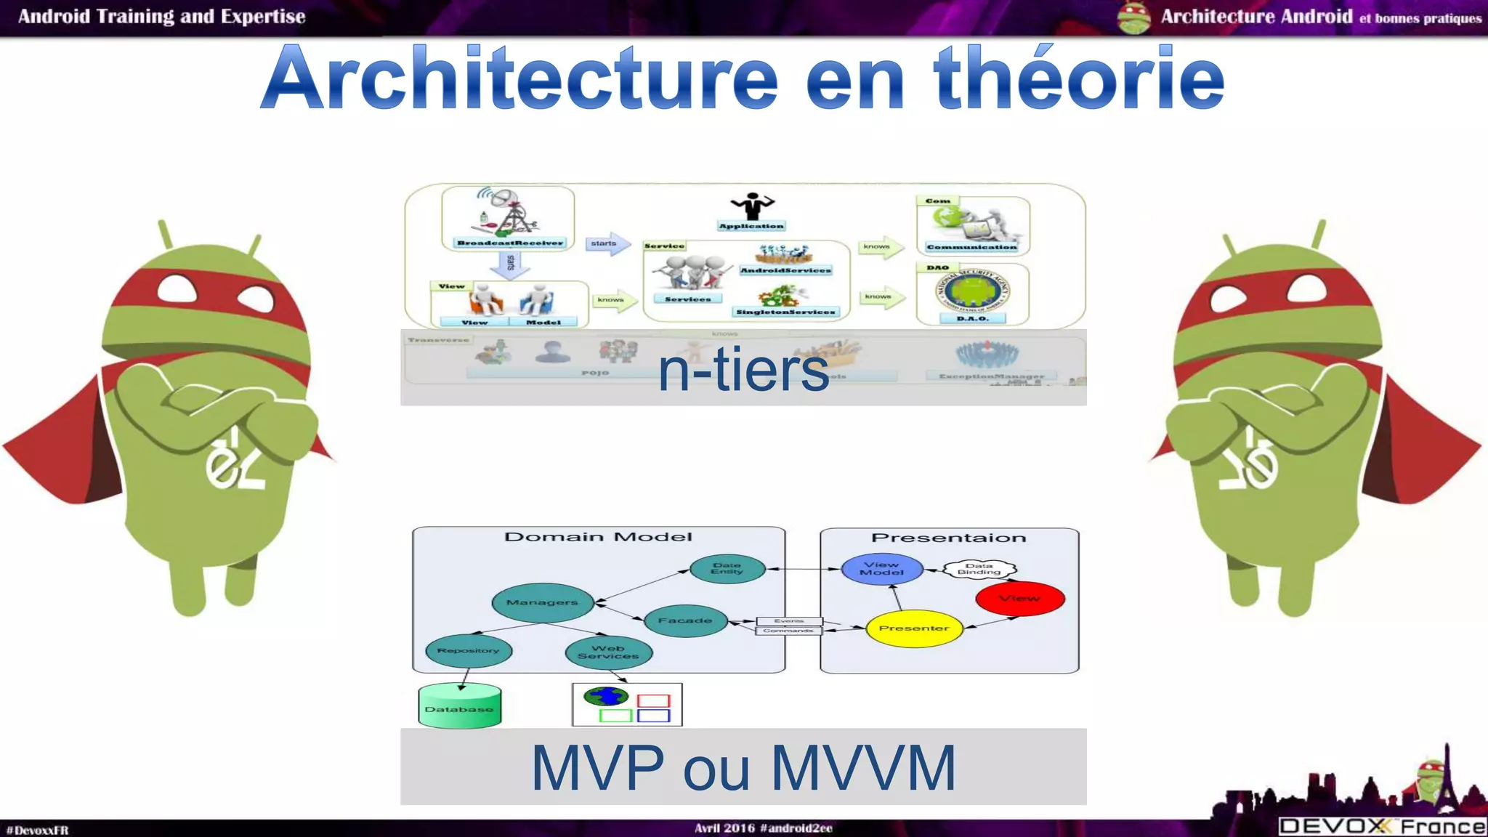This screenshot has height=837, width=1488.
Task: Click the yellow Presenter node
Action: click(x=914, y=628)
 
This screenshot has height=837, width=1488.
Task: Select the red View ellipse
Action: click(x=1019, y=599)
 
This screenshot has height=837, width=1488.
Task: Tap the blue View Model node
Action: click(x=882, y=568)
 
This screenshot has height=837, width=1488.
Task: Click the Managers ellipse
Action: click(x=542, y=602)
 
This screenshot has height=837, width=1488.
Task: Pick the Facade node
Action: click(x=685, y=620)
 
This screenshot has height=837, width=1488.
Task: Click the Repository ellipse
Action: click(x=469, y=651)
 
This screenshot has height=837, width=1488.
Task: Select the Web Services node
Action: click(x=608, y=652)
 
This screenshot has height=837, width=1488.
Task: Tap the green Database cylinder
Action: click(x=459, y=706)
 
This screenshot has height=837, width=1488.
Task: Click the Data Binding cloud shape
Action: click(x=979, y=569)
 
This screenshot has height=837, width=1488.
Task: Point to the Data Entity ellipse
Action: click(x=727, y=568)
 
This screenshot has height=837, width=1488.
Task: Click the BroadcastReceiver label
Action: click(x=510, y=243)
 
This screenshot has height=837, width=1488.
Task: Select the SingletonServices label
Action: click(x=785, y=312)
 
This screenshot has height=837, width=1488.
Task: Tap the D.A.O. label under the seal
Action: click(x=972, y=318)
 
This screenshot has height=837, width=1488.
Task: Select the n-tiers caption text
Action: click(x=743, y=370)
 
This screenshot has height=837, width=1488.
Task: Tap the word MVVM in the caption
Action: click(x=862, y=767)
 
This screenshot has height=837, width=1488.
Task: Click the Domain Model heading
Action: click(x=598, y=537)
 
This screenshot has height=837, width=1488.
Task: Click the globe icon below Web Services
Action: click(x=605, y=697)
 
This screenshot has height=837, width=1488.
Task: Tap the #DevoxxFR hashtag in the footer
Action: click(x=37, y=830)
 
